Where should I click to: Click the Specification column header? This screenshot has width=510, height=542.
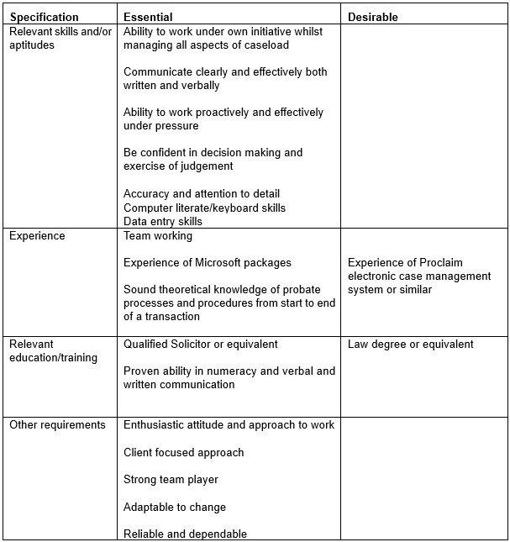click(44, 17)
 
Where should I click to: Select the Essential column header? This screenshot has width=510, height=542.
click(148, 17)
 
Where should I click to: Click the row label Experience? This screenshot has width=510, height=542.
click(37, 236)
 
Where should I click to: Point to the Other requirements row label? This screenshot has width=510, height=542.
click(57, 424)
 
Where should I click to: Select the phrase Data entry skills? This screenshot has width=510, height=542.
click(163, 221)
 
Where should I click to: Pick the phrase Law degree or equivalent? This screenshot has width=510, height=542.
click(410, 344)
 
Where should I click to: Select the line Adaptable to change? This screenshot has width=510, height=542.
click(175, 507)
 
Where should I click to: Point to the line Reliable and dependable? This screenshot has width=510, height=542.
click(185, 534)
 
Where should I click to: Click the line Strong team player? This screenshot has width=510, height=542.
click(171, 479)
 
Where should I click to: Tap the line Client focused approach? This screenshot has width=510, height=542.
click(183, 452)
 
